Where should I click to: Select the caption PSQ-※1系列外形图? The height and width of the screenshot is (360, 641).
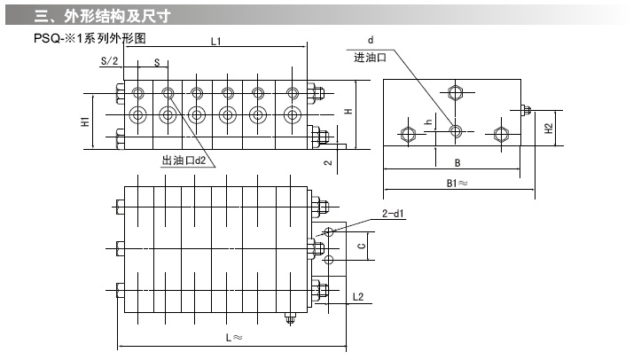coord(88,39)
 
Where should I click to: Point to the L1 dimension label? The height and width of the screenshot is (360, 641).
coord(216,42)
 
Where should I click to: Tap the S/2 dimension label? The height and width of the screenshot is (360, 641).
coord(109,60)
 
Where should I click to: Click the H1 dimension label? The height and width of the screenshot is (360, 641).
coord(84,121)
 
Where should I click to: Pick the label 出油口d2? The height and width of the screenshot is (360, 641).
coord(184,161)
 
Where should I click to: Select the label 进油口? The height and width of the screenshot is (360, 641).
coord(370,57)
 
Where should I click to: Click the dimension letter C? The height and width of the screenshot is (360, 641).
coord(360,245)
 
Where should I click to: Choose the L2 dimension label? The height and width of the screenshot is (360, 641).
coord(358,296)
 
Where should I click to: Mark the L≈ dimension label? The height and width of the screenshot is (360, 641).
coord(233,338)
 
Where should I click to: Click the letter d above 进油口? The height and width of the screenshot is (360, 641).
coord(371,41)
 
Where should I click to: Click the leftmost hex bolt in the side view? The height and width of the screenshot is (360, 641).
coord(408,134)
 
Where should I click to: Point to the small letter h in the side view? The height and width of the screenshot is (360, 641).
coord(427,121)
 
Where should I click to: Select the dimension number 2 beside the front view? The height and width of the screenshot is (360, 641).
coord(326,162)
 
